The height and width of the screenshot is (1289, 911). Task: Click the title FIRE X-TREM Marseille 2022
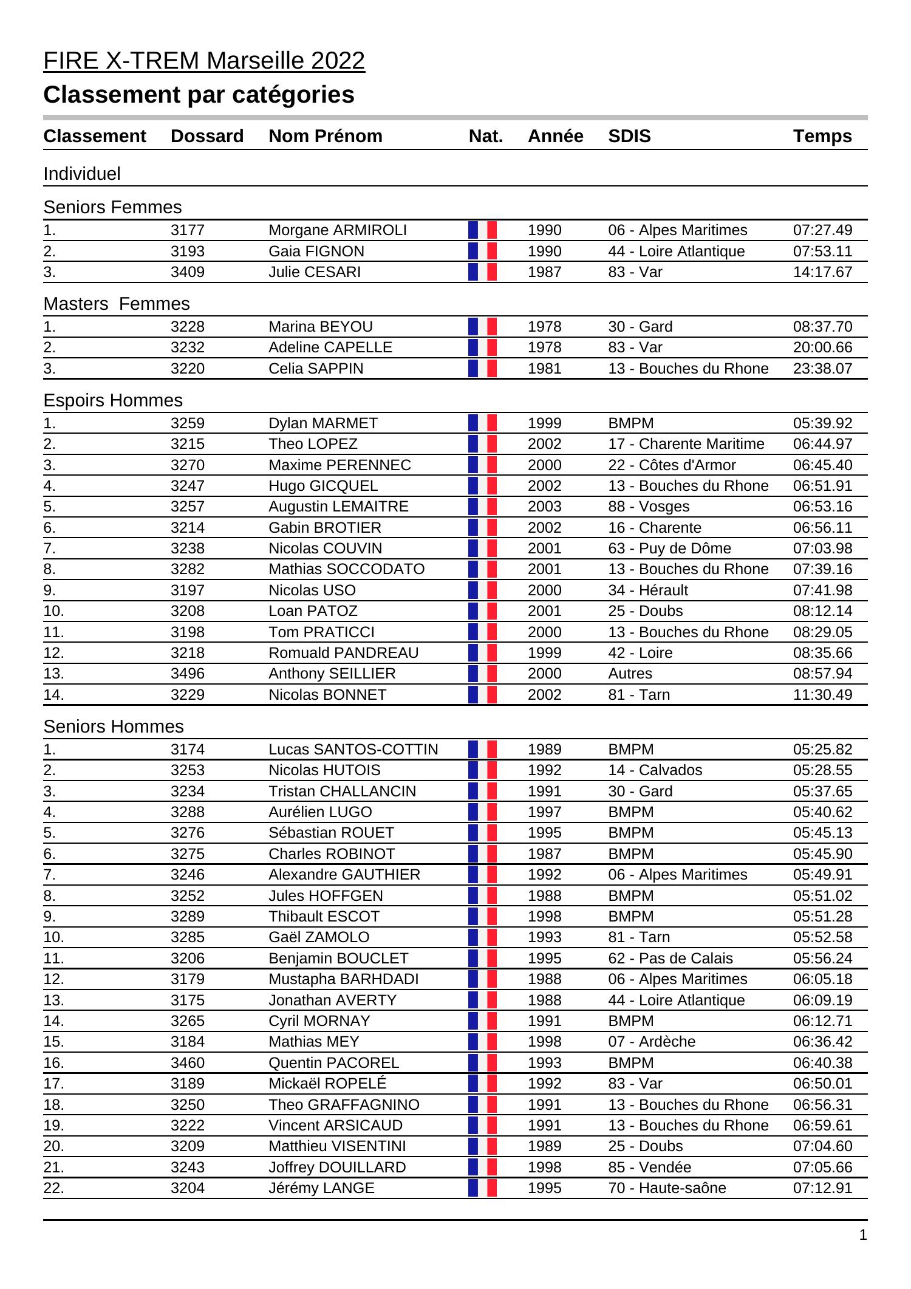(204, 61)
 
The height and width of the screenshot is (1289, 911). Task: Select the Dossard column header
(207, 136)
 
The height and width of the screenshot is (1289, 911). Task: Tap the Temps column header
(822, 136)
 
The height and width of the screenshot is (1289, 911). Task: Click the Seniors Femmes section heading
(112, 207)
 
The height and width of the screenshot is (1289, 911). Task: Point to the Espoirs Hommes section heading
(113, 400)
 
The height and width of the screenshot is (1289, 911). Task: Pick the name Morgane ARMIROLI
(338, 230)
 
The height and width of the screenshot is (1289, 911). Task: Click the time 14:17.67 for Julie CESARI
(822, 272)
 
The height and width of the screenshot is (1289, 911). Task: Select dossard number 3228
(188, 327)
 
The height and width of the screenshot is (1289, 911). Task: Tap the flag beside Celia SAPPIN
(482, 369)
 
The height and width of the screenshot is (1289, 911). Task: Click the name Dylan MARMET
(323, 423)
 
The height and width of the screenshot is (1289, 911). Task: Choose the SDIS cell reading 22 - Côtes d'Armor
(672, 465)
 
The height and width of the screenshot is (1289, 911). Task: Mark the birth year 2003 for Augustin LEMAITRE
(545, 507)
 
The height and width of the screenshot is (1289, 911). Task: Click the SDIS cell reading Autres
(630, 674)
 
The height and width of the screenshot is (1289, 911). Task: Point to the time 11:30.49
(822, 695)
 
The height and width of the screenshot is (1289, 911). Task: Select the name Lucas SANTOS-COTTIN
(353, 750)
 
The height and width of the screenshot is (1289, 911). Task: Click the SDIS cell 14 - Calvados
(655, 770)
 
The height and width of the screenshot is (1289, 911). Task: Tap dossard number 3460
(188, 1063)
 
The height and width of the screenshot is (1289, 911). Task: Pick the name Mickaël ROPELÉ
(327, 1084)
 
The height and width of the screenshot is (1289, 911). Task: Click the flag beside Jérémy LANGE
(482, 1188)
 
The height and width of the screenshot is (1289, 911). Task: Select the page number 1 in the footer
(863, 1235)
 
